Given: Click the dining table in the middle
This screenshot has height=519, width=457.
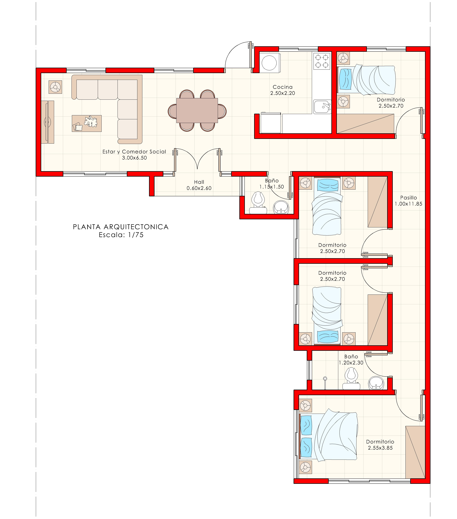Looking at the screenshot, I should point(197,110).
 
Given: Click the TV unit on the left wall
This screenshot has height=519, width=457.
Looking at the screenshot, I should point(48,122).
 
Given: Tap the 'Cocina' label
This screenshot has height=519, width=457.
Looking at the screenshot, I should point(283,87).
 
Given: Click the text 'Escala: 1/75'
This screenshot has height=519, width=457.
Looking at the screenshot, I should point(121,235).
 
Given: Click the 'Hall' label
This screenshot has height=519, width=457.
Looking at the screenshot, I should point(199,182).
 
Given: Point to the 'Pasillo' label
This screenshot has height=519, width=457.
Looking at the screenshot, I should point(409,198).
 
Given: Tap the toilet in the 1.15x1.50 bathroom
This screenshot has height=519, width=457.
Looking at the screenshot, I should point(258,202).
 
